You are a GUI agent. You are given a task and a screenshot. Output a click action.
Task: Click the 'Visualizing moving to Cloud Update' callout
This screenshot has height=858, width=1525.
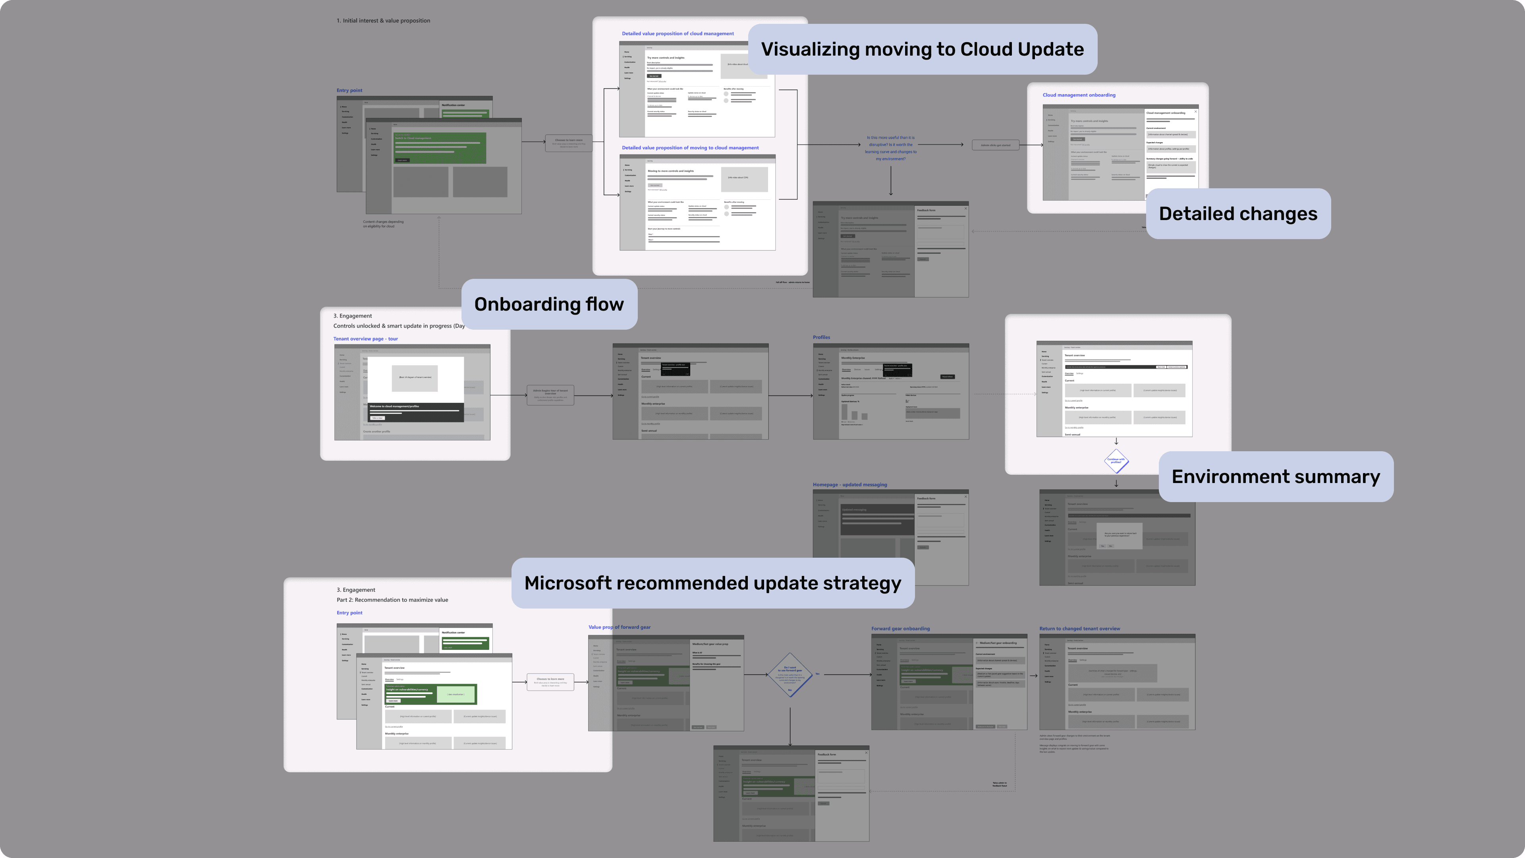(922, 49)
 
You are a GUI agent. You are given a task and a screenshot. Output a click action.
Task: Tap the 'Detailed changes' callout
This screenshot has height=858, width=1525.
(1238, 214)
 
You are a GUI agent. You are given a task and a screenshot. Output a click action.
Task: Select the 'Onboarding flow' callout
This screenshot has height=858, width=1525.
(549, 304)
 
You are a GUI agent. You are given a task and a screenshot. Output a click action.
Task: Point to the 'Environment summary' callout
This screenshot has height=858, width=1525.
(1276, 477)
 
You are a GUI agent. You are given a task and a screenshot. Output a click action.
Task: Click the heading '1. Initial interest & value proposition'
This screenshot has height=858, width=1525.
(383, 21)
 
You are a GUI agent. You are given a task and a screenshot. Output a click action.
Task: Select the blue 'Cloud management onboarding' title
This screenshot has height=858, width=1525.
(1079, 95)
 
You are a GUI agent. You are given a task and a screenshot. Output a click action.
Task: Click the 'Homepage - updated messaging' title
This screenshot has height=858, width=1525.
(849, 484)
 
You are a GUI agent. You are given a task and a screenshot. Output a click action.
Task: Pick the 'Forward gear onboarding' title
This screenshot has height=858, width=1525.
(900, 629)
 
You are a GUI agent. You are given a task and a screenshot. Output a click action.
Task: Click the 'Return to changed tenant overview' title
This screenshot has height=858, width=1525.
(1079, 629)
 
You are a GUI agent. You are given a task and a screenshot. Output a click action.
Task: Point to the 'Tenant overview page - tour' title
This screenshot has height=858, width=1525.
(365, 339)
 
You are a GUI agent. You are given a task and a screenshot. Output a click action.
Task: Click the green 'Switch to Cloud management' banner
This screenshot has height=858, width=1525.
(440, 147)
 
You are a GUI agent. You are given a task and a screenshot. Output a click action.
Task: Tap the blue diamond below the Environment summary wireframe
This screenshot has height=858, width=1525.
(1116, 461)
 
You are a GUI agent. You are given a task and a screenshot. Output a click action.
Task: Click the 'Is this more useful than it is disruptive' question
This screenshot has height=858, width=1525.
(890, 148)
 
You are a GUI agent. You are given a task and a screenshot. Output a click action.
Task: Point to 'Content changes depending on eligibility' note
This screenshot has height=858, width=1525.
(383, 224)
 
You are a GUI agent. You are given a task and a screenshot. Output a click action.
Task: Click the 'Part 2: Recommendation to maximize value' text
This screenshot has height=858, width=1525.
(392, 600)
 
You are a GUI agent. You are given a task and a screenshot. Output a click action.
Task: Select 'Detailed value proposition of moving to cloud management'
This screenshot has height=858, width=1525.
(690, 148)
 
